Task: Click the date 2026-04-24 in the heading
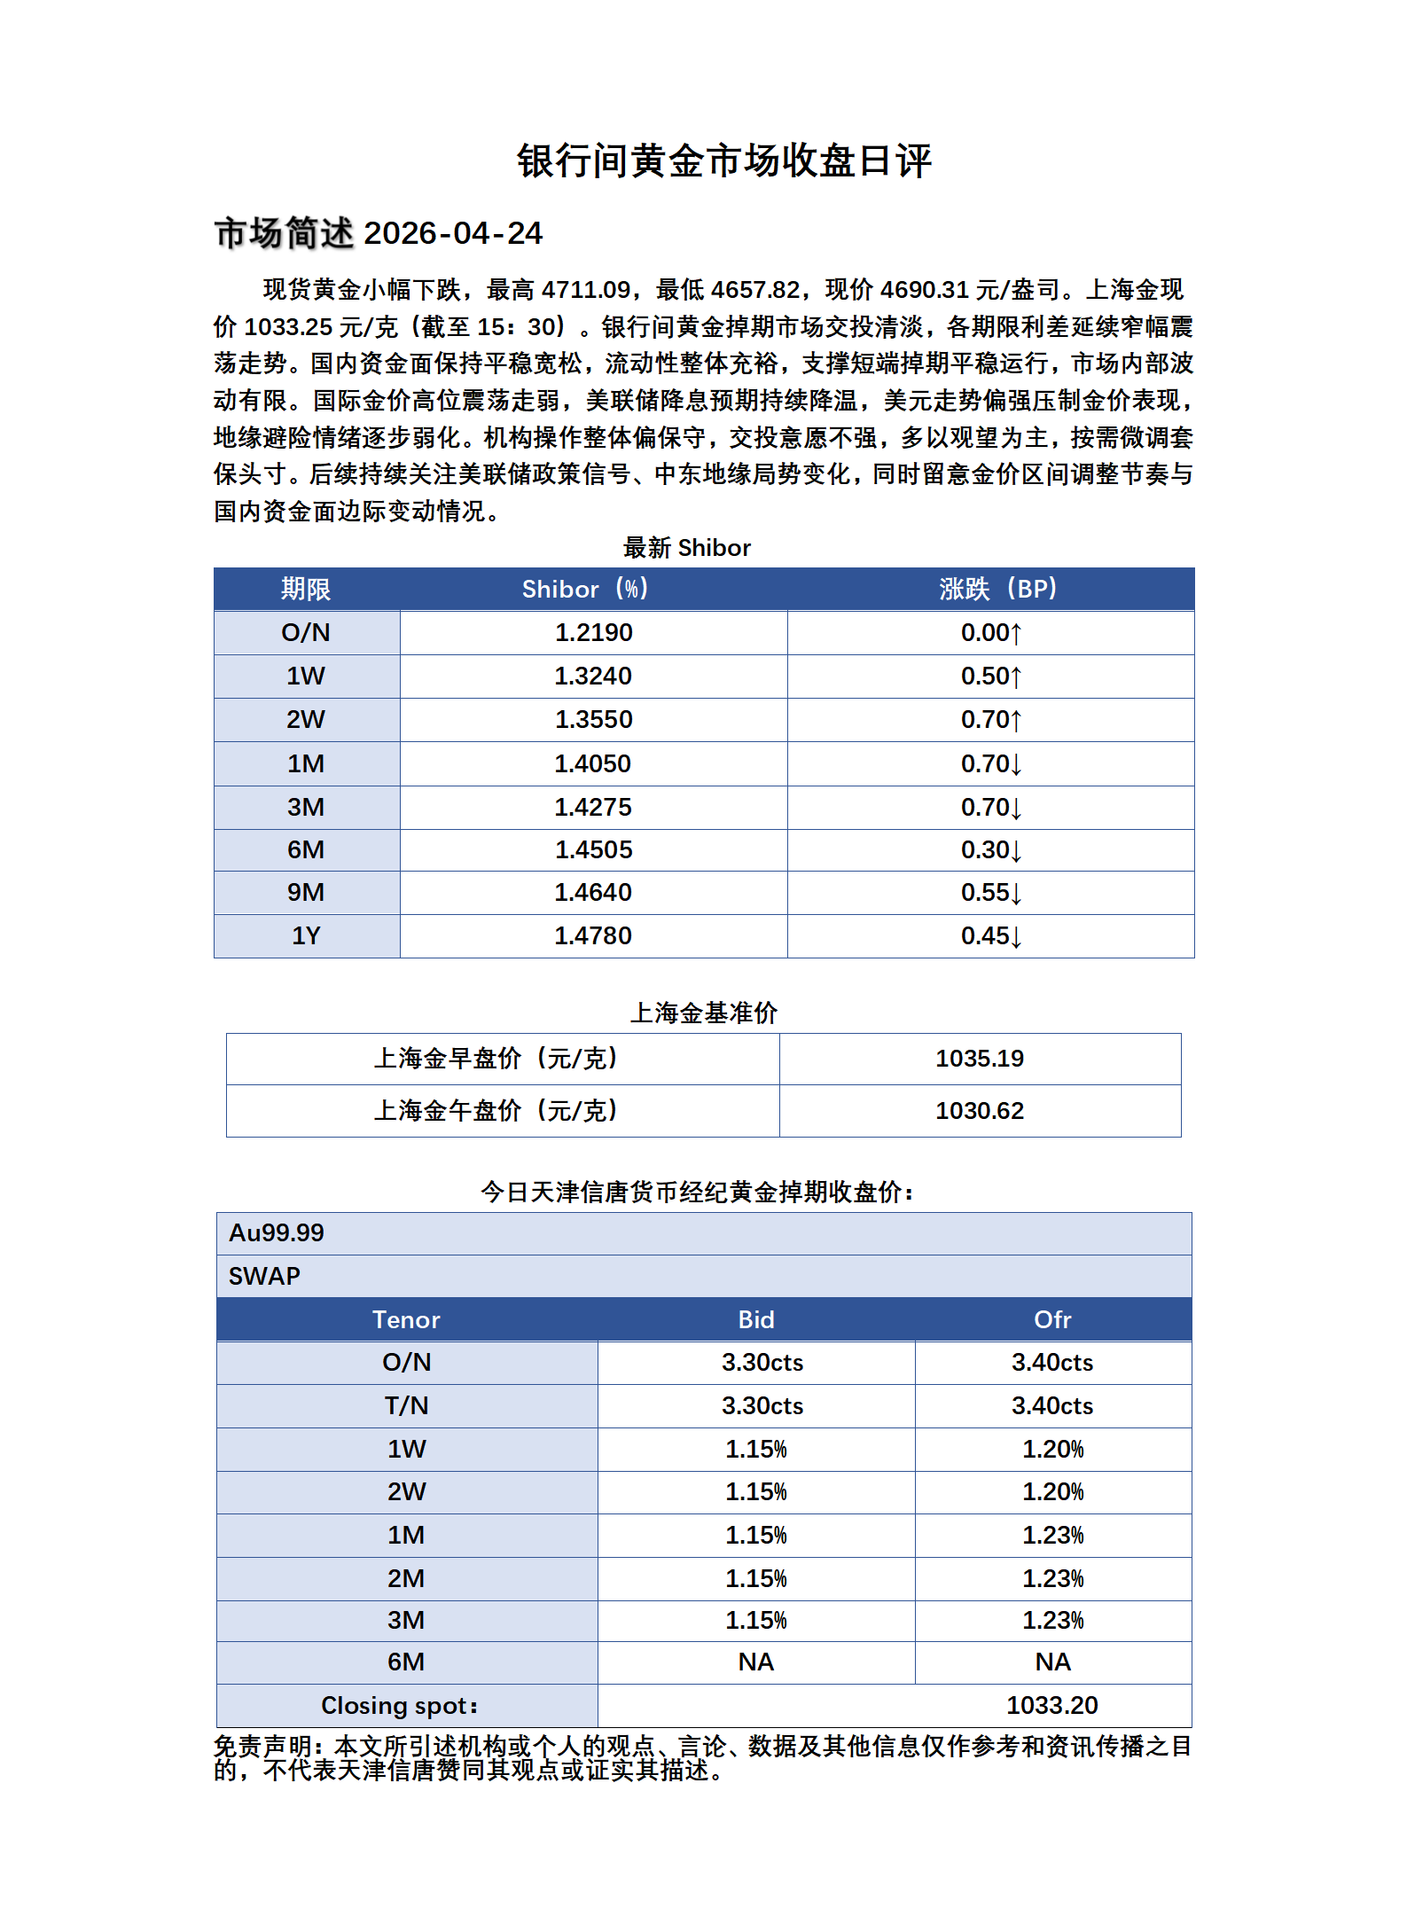[452, 233]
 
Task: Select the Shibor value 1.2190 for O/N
[593, 632]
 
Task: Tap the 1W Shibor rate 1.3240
[593, 676]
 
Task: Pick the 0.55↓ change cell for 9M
[990, 892]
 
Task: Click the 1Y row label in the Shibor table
[306, 935]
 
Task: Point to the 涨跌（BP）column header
[997, 589]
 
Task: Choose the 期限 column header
[306, 589]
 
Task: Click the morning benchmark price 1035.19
[979, 1058]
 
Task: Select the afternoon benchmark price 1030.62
[979, 1110]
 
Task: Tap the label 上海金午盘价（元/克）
[496, 1110]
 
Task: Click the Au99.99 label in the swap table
[277, 1232]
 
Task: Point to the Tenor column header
[406, 1319]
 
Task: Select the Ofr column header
[1052, 1319]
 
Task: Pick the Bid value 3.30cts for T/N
[762, 1405]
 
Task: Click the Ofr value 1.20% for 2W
[1052, 1491]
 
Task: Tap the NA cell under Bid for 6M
[755, 1662]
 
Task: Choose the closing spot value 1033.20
[1051, 1705]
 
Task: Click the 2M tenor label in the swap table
[406, 1578]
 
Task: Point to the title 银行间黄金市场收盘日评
[724, 161]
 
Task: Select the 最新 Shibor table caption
[686, 548]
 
